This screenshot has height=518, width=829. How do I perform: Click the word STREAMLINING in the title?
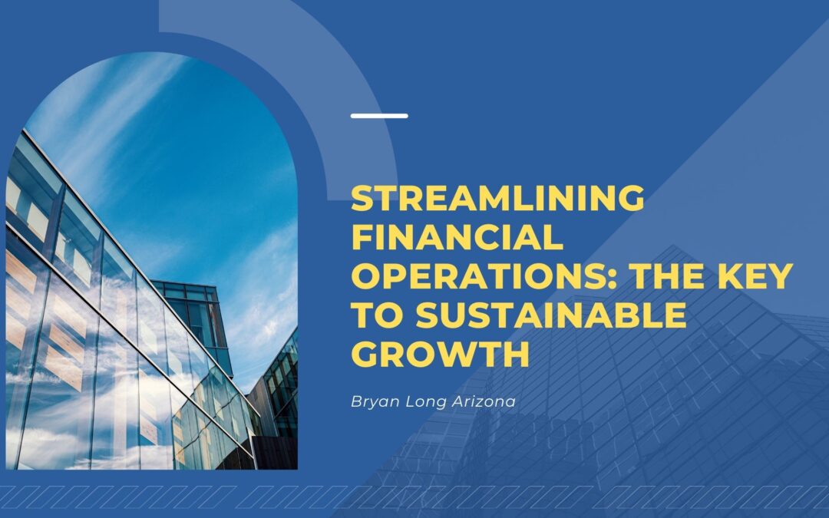tap(497, 198)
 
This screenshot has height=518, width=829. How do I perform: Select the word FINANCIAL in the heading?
tap(457, 237)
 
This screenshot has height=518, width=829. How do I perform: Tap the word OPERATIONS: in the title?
tap(484, 276)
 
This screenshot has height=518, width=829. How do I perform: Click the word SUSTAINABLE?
tap(551, 315)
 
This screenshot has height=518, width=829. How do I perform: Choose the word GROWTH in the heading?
tap(441, 354)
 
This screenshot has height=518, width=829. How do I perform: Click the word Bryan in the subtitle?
tap(375, 402)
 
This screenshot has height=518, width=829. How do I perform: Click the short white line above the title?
tap(379, 116)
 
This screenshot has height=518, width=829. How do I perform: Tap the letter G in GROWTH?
tap(365, 354)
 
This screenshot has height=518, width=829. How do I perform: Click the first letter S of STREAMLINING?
tap(362, 198)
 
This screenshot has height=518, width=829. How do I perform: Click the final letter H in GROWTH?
tap(516, 354)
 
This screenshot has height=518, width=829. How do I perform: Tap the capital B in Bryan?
tap(357, 401)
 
